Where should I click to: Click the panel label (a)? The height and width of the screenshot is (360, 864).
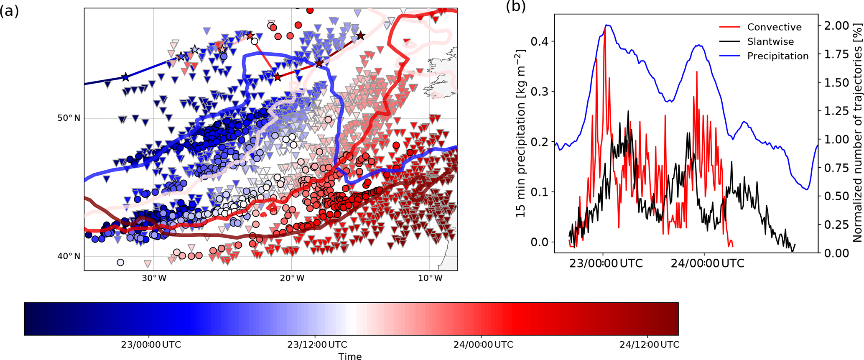point(10,11)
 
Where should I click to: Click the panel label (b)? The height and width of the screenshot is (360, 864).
point(515,6)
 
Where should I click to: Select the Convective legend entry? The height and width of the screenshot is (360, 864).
point(774,27)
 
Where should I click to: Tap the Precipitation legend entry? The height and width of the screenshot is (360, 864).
point(777,56)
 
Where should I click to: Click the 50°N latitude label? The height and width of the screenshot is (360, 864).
point(69,118)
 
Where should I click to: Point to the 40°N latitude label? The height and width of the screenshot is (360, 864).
point(69,256)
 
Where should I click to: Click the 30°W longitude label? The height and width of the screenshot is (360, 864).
point(153,278)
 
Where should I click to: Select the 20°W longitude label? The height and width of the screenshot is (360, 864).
point(291,278)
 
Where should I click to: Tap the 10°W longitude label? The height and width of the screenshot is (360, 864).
point(430,278)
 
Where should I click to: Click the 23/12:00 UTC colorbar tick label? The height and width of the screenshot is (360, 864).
point(317,345)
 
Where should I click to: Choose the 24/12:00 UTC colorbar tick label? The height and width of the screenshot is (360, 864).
point(649,345)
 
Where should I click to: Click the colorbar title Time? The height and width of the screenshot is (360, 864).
point(350,356)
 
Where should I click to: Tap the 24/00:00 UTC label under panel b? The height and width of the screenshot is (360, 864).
point(708,264)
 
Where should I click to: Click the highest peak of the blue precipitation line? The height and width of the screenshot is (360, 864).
point(607,25)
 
